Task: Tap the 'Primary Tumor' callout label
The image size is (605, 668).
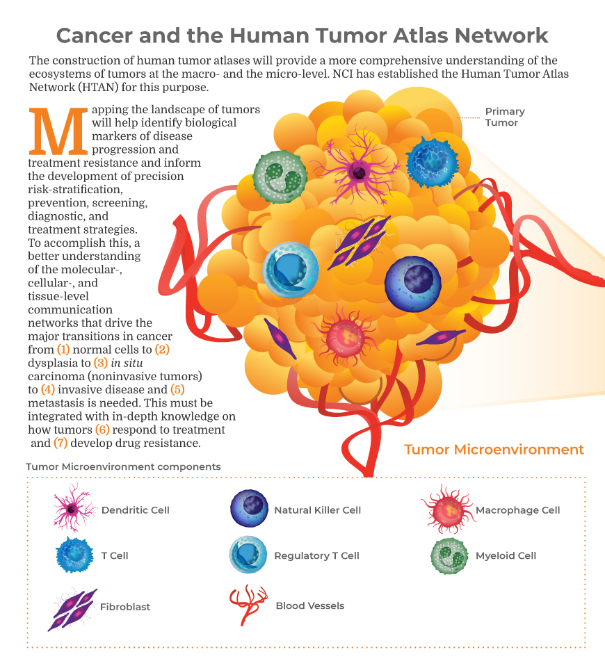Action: [x=505, y=117]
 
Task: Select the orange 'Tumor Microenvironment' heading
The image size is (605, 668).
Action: [x=494, y=450]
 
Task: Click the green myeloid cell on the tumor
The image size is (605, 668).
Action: [x=280, y=177]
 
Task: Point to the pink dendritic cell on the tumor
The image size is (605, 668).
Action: [x=357, y=169]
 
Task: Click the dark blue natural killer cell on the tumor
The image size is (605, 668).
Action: [x=413, y=284]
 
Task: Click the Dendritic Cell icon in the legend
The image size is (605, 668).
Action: [x=72, y=511]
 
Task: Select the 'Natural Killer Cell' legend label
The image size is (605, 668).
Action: [x=317, y=510]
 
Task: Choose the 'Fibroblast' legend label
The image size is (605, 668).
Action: [x=125, y=607]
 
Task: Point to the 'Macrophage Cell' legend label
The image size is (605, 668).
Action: [x=517, y=510]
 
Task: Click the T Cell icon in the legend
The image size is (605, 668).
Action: [x=74, y=555]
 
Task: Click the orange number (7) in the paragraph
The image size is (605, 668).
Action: [x=60, y=442]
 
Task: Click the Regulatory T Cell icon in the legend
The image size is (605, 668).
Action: [x=249, y=555]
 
